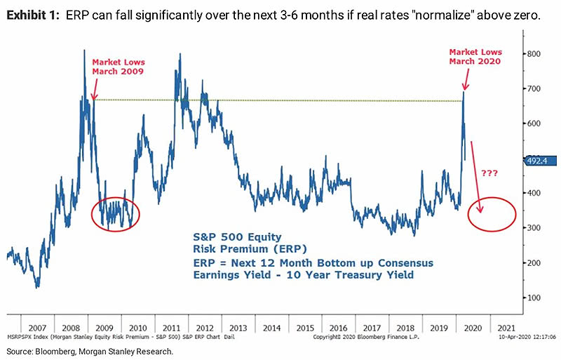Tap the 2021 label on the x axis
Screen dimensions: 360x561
[502, 327]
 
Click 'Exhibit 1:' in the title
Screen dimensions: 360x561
[32, 17]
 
